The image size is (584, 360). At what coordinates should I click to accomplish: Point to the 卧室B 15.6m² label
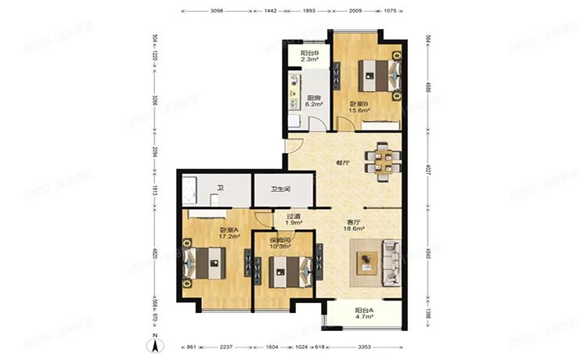(x=361, y=110)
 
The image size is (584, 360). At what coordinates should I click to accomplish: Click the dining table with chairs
(x=384, y=163)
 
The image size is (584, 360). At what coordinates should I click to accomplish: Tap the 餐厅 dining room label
(x=342, y=164)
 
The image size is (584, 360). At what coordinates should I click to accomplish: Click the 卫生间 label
(x=282, y=189)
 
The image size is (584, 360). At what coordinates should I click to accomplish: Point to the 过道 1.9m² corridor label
(x=294, y=221)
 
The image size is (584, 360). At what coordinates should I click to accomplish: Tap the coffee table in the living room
(x=366, y=264)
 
